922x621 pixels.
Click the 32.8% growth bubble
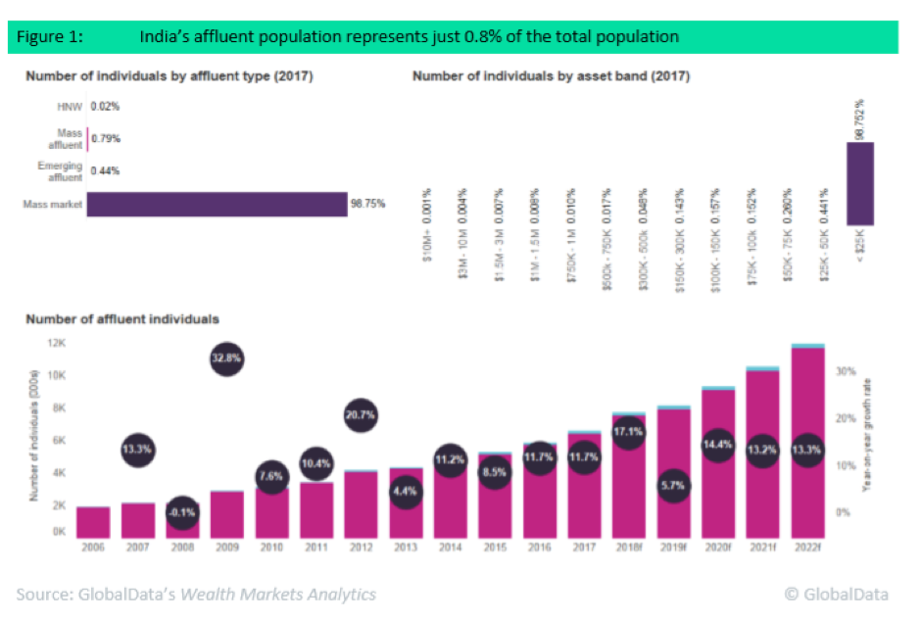click(226, 359)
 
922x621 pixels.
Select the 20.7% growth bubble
click(361, 415)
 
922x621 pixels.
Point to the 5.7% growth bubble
click(672, 487)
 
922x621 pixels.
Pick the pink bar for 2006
click(94, 521)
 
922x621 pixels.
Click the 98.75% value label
click(368, 204)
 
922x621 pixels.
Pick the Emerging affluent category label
click(60, 170)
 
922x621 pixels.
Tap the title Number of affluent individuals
click(121, 318)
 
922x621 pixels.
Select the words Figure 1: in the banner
click(49, 36)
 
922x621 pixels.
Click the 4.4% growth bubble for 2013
click(405, 492)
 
